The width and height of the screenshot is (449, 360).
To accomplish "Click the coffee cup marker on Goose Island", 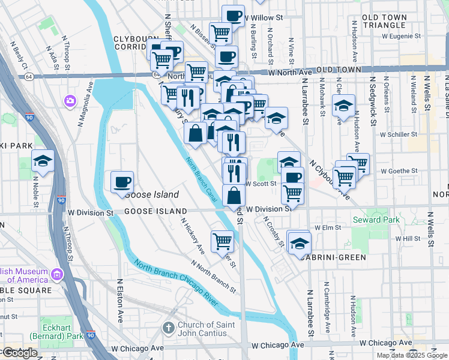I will [x=122, y=182].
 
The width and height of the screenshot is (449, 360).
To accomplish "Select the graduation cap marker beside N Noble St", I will [x=43, y=161].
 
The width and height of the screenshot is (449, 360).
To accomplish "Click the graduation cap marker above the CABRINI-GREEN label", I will [x=300, y=243].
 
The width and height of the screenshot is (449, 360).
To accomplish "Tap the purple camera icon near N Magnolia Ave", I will [x=70, y=100].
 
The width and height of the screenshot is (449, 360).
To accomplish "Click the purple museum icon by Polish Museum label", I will [x=57, y=275].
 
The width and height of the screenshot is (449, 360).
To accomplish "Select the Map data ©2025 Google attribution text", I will [x=412, y=355].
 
